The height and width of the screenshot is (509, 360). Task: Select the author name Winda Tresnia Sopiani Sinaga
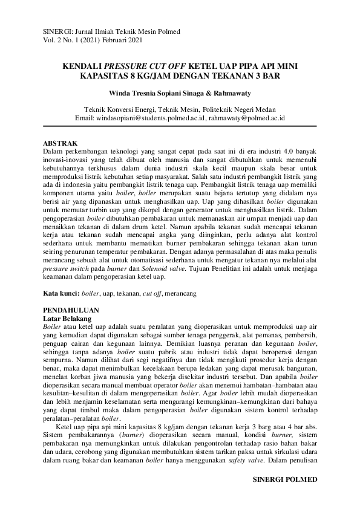click(x=159, y=93)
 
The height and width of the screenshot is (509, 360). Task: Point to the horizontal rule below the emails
click(x=180, y=126)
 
